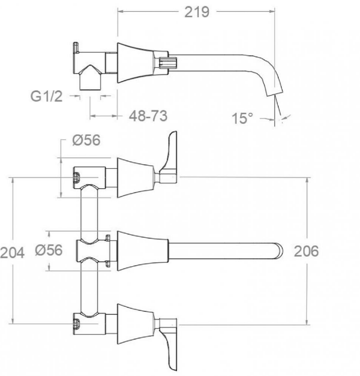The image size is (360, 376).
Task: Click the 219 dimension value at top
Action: point(197,12)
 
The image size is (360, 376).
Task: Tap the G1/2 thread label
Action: point(47,96)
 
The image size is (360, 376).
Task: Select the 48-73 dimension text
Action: point(148,116)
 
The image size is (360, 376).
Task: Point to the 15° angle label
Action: point(243,118)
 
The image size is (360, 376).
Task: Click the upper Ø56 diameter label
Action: point(86,140)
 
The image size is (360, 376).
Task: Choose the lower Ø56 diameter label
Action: point(48,250)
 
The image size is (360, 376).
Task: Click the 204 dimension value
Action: point(12,253)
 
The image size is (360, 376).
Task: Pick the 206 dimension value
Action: point(306,251)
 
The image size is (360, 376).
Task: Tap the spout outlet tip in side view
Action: point(275,94)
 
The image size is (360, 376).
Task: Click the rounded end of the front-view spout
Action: point(279,251)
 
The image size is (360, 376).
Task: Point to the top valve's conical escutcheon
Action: point(135,178)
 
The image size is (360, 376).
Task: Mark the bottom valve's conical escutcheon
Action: point(135,324)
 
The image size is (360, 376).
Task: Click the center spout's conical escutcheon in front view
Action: point(143,251)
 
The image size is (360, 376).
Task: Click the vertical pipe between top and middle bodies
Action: point(89,214)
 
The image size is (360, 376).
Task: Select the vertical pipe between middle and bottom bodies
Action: point(89,287)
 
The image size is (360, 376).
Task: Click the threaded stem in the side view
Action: point(168,63)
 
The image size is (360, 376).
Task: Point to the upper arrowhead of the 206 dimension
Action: point(307,180)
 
